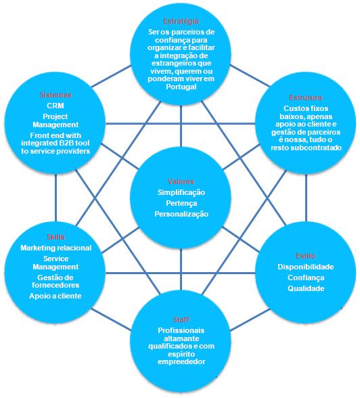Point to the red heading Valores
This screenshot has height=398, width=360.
pos(181,181)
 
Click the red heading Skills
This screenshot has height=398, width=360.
pos(55,237)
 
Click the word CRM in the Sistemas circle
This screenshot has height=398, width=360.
pos(55,106)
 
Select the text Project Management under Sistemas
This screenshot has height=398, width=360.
pos(55,120)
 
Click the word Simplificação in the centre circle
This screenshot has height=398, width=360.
pos(181,192)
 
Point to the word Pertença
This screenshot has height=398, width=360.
pos(181,203)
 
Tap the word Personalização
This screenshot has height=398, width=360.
pos(181,214)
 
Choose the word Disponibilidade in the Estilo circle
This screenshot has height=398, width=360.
pos(306,267)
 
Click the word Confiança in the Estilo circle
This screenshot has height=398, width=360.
pos(306,278)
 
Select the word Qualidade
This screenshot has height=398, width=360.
pos(306,288)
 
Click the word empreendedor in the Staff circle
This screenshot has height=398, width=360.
pos(180,361)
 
